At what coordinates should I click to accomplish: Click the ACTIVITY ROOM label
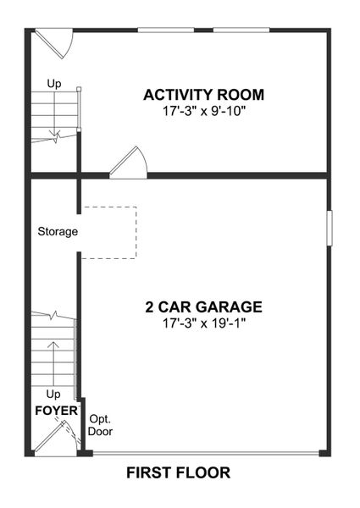pyautogui.click(x=203, y=95)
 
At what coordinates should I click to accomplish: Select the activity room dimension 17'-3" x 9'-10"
pyautogui.click(x=203, y=110)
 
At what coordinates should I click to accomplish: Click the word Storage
pyautogui.click(x=58, y=231)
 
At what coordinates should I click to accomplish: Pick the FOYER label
pyautogui.click(x=55, y=411)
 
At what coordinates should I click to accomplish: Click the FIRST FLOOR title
pyautogui.click(x=178, y=472)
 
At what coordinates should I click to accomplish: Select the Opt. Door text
pyautogui.click(x=100, y=425)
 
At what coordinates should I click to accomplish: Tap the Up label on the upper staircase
pyautogui.click(x=54, y=84)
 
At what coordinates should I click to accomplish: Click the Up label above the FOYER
pyautogui.click(x=53, y=395)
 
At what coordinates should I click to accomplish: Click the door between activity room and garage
pyautogui.click(x=130, y=163)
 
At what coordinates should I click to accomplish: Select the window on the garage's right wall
pyautogui.click(x=329, y=229)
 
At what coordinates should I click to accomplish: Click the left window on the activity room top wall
pyautogui.click(x=165, y=30)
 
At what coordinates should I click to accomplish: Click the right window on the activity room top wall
pyautogui.click(x=241, y=30)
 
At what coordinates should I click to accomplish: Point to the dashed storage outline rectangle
pyautogui.click(x=108, y=232)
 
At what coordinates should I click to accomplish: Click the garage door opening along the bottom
pyautogui.click(x=208, y=455)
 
